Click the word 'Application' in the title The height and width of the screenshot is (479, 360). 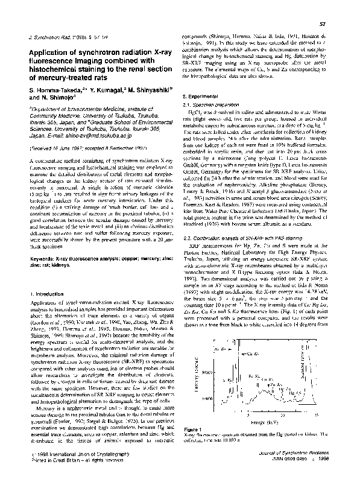[48, 52]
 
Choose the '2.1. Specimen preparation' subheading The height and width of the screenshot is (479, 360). [216, 106]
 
